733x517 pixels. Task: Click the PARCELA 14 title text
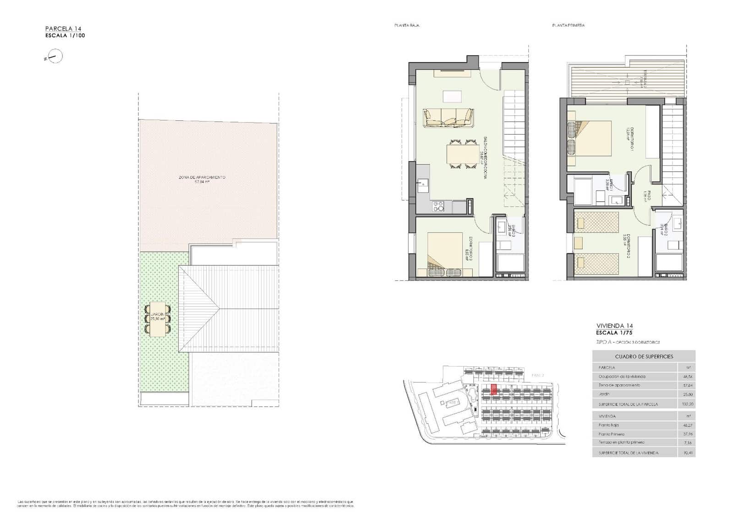point(63,29)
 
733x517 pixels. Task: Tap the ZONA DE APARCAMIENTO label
point(202,177)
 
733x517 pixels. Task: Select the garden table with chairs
point(158,318)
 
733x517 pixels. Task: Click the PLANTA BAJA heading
point(407,26)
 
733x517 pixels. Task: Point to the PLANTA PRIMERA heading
point(568,26)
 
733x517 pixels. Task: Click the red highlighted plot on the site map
point(493,389)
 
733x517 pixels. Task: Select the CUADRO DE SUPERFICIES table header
point(644,356)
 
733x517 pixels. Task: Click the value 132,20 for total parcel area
point(687,404)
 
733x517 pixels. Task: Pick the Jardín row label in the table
point(604,394)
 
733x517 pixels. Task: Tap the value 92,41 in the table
point(687,453)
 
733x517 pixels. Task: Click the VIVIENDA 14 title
point(614,326)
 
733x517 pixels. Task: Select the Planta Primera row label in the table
point(611,434)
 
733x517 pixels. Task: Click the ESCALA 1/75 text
point(614,333)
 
